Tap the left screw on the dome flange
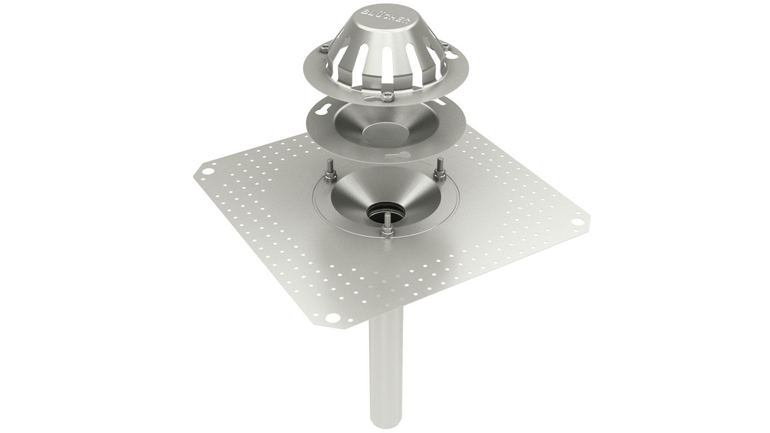point(324,49)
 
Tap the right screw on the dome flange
point(445,46)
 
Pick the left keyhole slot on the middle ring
point(322,112)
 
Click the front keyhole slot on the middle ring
point(397,155)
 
